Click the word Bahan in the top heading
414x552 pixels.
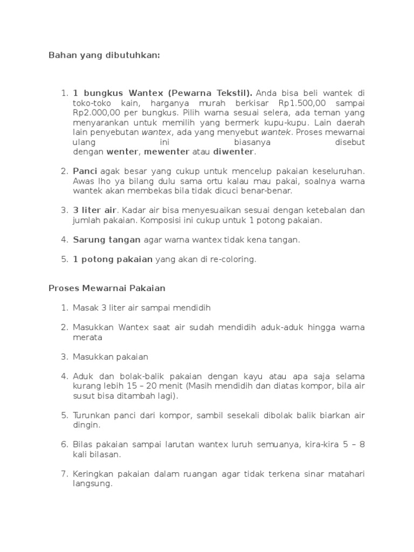click(x=60, y=55)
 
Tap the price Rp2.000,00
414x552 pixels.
click(x=94, y=113)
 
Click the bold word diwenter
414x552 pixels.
click(x=234, y=151)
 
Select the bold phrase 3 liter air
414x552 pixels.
click(x=95, y=210)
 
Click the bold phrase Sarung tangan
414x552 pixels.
click(x=107, y=239)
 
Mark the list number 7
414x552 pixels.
click(x=64, y=474)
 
